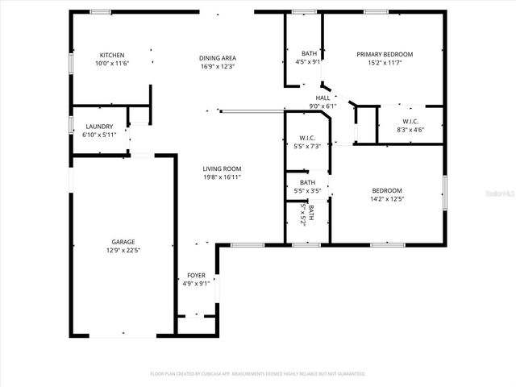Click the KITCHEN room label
coord(112,55)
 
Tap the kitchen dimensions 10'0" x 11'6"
coord(112,63)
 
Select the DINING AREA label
coord(218,58)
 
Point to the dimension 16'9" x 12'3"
coord(218,66)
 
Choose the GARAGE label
coord(123,241)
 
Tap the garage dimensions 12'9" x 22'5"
coord(123,249)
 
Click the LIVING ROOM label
coord(222,169)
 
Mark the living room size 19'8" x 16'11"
coord(222,177)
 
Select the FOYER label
coord(196,275)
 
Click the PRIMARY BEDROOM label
coord(385,54)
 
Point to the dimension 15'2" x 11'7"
coord(385,62)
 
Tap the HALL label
coord(322,98)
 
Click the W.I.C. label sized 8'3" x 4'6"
coord(408,121)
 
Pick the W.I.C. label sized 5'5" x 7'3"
coord(306,138)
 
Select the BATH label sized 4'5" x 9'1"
coord(309,52)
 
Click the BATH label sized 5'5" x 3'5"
coord(307,182)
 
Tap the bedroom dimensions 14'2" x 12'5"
coord(386,198)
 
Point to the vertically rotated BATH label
coord(310,214)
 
